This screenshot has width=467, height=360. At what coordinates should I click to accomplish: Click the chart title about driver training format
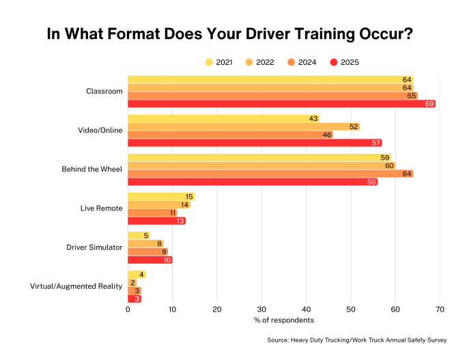tap(229, 35)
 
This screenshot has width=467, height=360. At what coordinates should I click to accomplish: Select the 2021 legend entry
tap(219, 62)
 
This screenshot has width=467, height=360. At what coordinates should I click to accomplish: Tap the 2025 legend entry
tap(344, 62)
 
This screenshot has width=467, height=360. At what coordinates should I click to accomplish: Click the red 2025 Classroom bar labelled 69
tap(281, 104)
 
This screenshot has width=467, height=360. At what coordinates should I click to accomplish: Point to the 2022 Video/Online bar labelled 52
tap(244, 126)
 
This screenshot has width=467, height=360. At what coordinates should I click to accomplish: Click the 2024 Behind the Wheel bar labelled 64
tap(270, 174)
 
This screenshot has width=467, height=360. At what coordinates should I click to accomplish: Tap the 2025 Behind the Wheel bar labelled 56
tap(253, 182)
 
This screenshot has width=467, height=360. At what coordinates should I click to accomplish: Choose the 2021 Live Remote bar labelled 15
tap(161, 197)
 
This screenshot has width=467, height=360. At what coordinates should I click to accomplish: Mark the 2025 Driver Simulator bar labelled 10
tap(150, 260)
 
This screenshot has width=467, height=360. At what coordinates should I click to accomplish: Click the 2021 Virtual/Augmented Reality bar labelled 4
tap(137, 275)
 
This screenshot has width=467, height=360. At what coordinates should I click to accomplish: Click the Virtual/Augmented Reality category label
tap(76, 286)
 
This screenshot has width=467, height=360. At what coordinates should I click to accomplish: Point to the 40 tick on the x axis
tap(306, 309)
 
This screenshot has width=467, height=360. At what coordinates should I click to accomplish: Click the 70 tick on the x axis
tap(440, 309)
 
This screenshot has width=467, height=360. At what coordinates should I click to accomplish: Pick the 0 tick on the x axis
tap(128, 309)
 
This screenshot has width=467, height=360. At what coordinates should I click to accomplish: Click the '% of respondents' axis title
tap(283, 320)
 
